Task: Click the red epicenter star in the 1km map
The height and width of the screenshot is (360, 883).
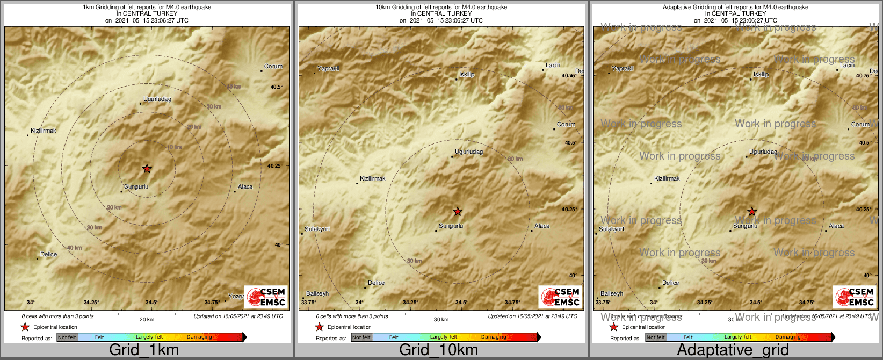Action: pos(147,169)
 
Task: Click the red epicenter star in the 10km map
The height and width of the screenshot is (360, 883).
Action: pos(457,212)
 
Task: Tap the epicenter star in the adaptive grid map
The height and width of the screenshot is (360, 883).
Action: pos(752,212)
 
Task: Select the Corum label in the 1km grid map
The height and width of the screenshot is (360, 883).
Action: pos(273,67)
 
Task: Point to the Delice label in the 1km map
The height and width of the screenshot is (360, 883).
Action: pos(48,255)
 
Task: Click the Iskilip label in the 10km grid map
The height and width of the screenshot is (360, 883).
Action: pos(467,75)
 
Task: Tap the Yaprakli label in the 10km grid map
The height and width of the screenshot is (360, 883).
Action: pos(328,69)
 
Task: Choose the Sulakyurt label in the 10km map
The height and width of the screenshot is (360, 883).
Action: pos(317,229)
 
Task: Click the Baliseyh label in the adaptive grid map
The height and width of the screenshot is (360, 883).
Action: pos(612,294)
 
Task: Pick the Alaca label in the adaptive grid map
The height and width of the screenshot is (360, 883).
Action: pos(836,226)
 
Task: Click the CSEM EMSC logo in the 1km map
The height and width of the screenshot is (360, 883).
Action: pos(266,297)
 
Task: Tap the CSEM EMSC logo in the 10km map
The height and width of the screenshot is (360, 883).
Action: pos(560,297)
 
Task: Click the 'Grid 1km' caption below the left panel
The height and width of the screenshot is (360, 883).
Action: pos(144,350)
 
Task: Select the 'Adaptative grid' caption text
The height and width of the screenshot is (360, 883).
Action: pos(733,350)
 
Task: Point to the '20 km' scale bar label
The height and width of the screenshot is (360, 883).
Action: pos(147,320)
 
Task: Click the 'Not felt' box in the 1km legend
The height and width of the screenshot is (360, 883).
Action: pos(67,337)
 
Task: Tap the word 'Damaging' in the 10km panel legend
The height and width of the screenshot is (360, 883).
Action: pos(494,337)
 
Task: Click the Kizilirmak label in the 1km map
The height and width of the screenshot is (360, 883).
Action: pos(44,131)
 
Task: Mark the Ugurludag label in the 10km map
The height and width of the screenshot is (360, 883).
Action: pos(469,152)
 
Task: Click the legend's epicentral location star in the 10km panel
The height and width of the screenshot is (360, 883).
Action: pos(319,327)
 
